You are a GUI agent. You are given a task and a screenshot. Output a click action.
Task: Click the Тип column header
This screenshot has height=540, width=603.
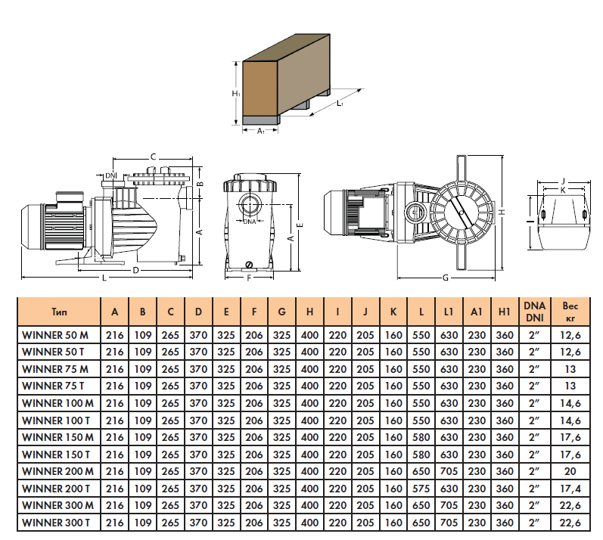(58, 311)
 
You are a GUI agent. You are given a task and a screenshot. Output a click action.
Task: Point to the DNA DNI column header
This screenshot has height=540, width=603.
(534, 311)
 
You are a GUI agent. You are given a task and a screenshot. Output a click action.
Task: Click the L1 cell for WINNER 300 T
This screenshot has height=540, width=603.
(449, 522)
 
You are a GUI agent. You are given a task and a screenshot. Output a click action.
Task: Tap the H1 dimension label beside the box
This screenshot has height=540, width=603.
(235, 93)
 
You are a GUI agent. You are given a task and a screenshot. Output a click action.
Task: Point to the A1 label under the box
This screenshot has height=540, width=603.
(260, 131)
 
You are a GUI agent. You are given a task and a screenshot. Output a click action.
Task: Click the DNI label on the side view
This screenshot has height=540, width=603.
(111, 175)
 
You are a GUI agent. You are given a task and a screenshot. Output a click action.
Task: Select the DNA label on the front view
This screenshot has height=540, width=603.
(250, 221)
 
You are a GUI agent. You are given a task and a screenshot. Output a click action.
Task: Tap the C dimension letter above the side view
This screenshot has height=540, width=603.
(152, 157)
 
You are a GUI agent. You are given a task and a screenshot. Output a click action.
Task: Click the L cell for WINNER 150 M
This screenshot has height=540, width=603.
(421, 436)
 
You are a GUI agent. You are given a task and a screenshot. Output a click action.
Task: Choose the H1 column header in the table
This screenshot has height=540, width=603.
(505, 311)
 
